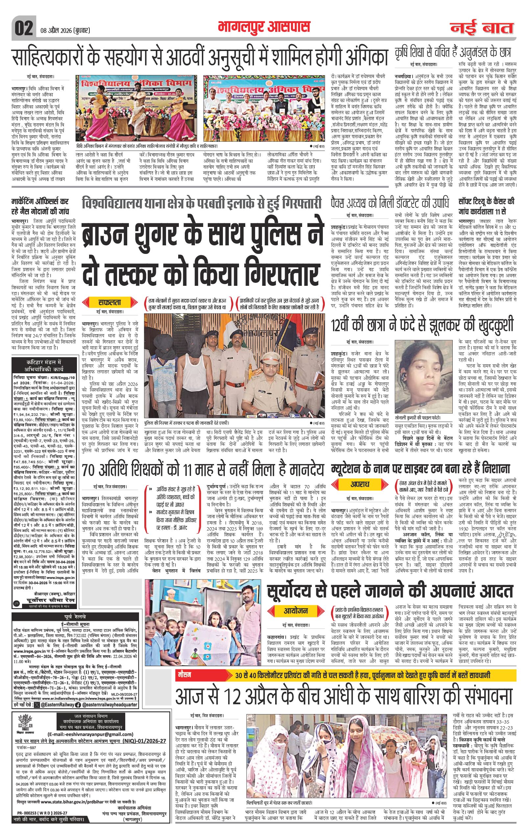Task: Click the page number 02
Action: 23,28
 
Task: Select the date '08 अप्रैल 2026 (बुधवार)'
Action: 63,31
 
